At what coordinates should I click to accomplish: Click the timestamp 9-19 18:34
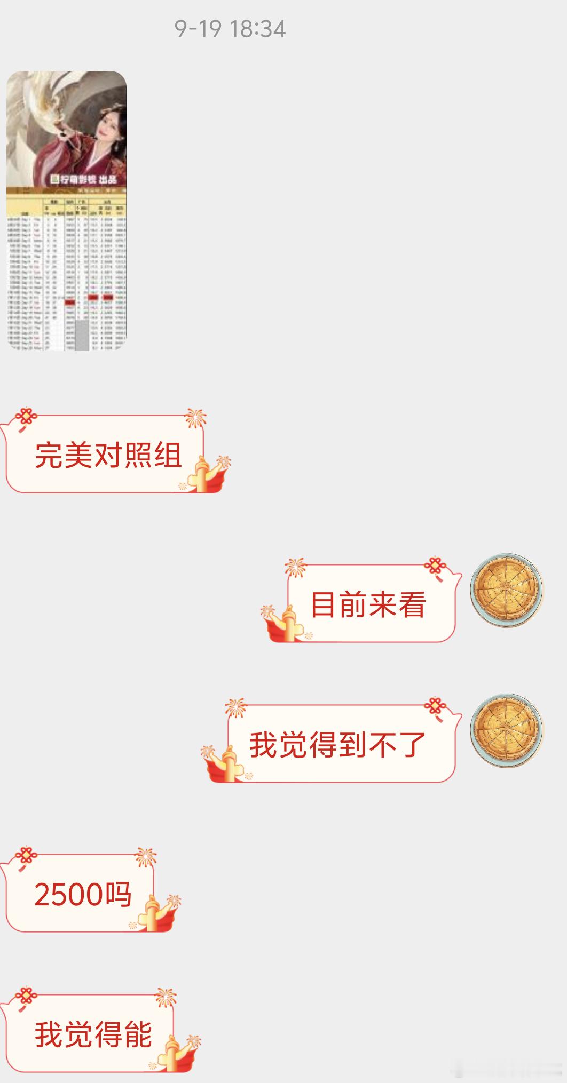[230, 29]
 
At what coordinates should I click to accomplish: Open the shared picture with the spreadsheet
[67, 267]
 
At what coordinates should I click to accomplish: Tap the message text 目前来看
[368, 605]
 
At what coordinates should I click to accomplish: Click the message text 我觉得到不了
[337, 745]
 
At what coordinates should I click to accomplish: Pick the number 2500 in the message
[68, 895]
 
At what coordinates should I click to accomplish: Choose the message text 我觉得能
[93, 1034]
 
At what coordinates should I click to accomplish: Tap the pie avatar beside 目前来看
[506, 590]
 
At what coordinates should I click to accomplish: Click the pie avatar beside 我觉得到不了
[506, 730]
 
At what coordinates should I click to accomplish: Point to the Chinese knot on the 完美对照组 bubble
[25, 418]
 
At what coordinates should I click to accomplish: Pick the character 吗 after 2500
[118, 895]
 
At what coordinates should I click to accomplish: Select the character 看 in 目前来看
[412, 605]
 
